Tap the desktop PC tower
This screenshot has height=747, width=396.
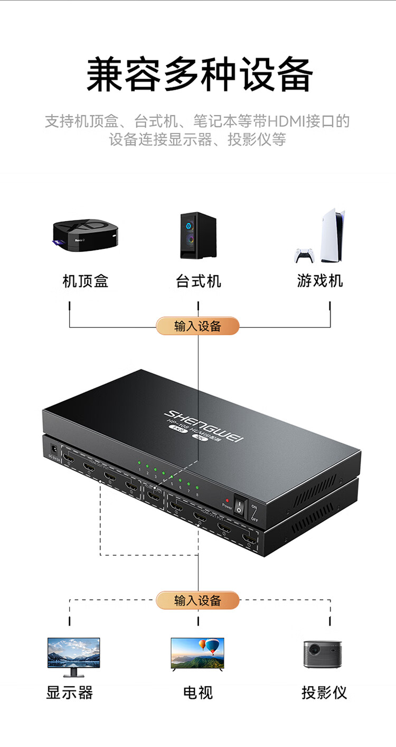tap(198, 236)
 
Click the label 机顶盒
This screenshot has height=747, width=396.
tap(86, 281)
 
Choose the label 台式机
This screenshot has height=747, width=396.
tap(198, 281)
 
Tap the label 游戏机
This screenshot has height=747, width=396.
tap(320, 281)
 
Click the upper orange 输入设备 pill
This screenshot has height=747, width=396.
tap(197, 326)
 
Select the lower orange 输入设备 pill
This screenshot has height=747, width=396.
tap(197, 600)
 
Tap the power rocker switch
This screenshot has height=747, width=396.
tap(241, 505)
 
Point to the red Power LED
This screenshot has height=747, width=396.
tap(227, 500)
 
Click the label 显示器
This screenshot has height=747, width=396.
tap(70, 693)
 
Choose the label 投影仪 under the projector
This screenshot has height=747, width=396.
tap(324, 693)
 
